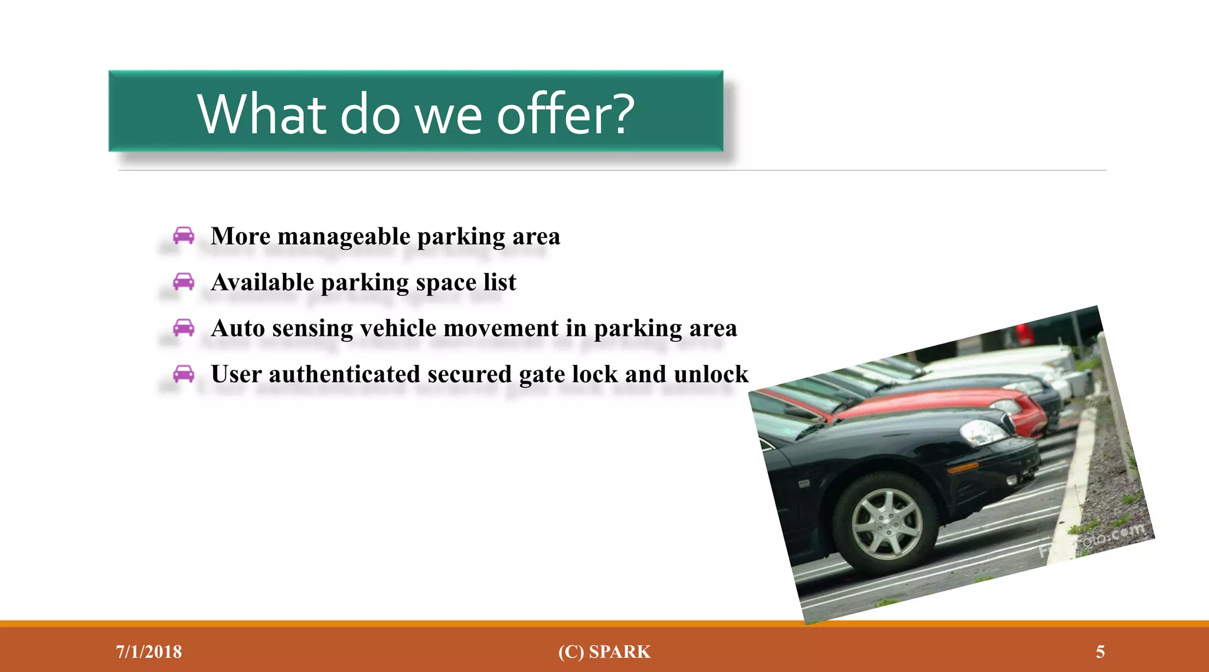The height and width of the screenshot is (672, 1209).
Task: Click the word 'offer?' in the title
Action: tap(566, 114)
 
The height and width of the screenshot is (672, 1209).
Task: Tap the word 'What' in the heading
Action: tap(260, 114)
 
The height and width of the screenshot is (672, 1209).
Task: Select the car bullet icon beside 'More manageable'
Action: tap(184, 236)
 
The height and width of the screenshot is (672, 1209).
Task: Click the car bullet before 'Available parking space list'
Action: tap(184, 282)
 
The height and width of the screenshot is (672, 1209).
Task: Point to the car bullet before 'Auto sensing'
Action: tap(184, 327)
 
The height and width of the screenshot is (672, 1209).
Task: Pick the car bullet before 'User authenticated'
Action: tap(184, 374)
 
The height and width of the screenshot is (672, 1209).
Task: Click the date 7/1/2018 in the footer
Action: tap(149, 652)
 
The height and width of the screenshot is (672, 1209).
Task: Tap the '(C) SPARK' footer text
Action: tap(604, 652)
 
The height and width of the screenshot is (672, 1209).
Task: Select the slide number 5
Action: tap(1100, 652)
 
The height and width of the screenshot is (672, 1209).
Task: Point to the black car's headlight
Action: tap(983, 433)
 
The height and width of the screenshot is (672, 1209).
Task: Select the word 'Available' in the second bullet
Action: tap(263, 282)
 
